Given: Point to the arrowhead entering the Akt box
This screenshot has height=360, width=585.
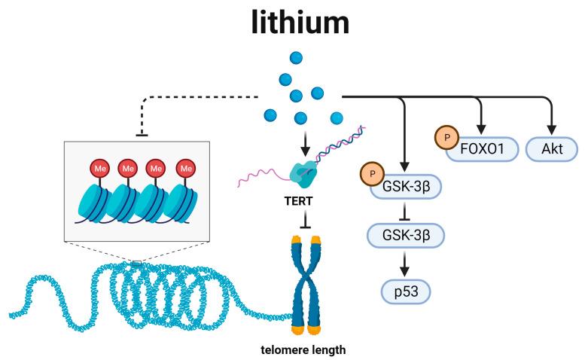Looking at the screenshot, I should [x=551, y=130].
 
